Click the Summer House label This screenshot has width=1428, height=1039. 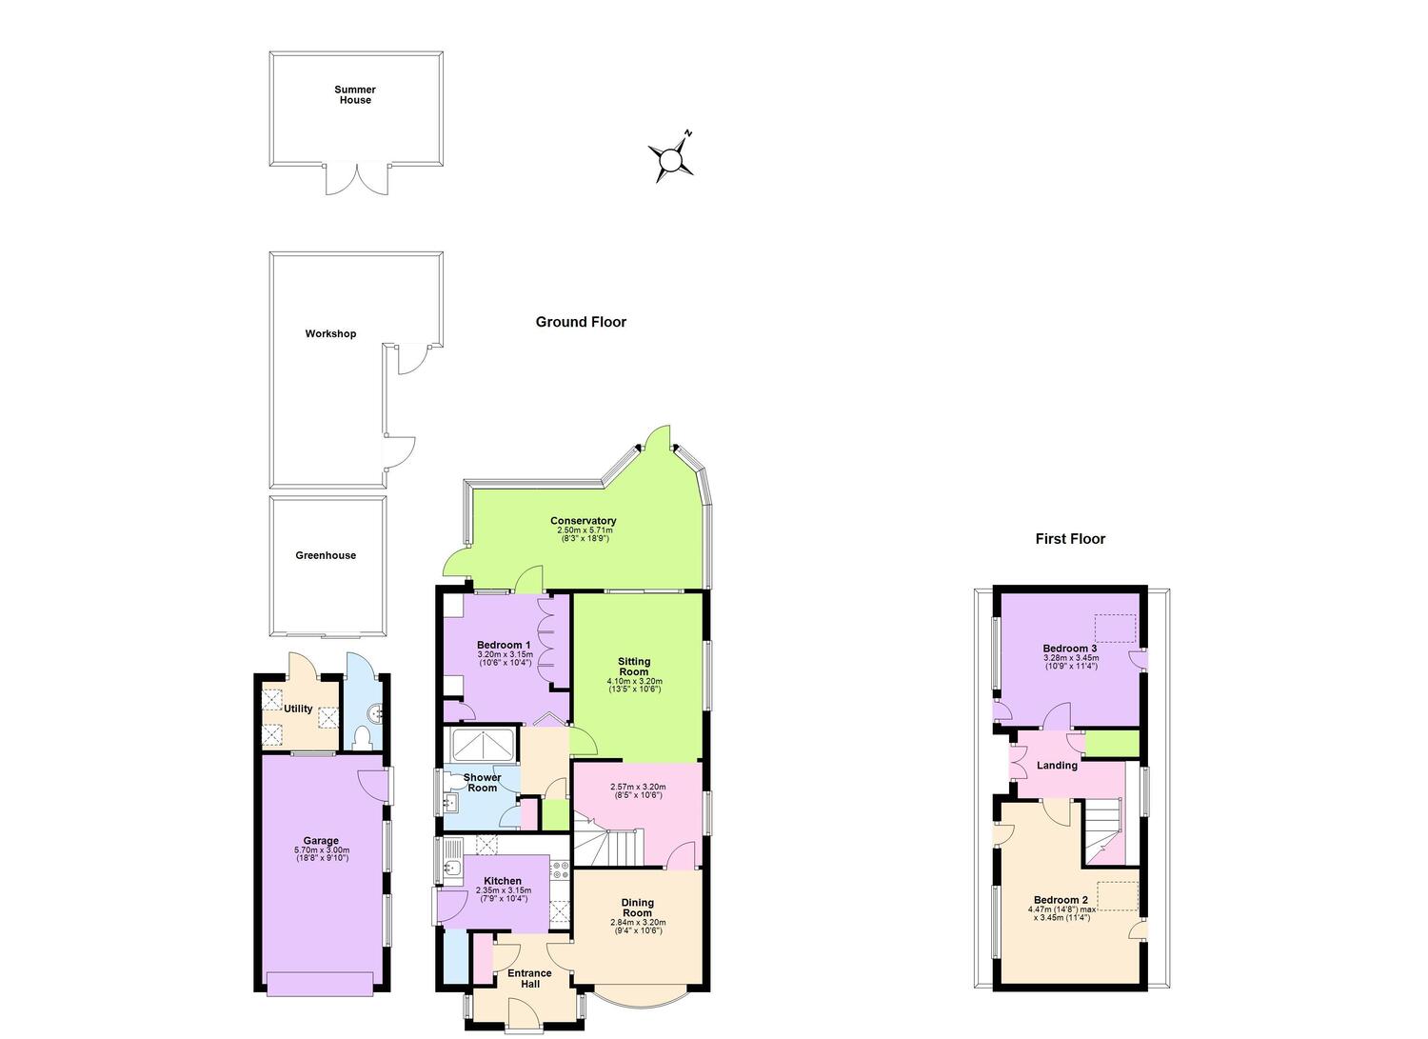coord(355,95)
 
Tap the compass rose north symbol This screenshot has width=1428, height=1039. coord(670,158)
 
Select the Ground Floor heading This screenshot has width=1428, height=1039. coord(581,322)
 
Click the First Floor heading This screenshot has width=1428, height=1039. coord(1070,539)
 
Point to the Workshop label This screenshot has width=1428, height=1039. coord(330,333)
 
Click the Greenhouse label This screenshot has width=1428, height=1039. coord(326,555)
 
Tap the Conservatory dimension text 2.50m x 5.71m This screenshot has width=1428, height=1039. coord(584,530)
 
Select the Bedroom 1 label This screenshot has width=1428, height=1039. coord(504,645)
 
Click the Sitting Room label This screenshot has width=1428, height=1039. coord(634,667)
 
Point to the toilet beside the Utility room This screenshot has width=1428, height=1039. coord(364,738)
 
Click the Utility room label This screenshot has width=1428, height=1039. coord(298,709)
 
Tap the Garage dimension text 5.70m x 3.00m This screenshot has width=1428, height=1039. coord(322,850)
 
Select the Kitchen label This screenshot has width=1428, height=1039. coord(503,881)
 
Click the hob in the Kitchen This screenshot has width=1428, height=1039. coord(561,870)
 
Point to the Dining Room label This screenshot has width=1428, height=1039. coord(638,908)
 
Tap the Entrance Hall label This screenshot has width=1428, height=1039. coord(529,978)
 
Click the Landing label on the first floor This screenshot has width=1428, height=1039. coord(1057,766)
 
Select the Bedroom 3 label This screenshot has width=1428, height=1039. coord(1070,648)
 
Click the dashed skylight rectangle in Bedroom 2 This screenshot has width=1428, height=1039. coord(1118,895)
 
